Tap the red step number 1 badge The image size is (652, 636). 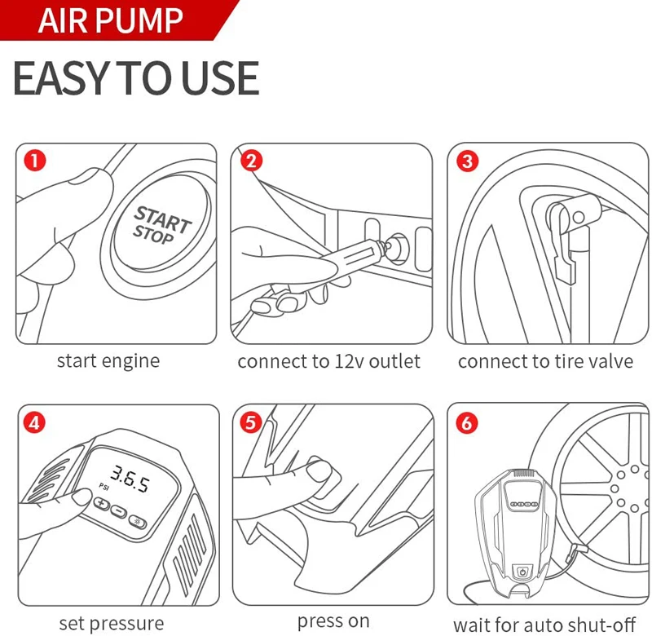point(34,161)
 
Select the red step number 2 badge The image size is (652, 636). point(251,161)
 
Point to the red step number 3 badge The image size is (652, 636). point(467,161)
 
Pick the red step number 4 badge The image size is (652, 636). point(34,422)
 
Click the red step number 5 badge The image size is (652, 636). point(251,422)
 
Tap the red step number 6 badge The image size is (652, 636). point(466,423)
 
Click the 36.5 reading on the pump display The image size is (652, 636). point(130,479)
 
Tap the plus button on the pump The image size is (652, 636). point(101,504)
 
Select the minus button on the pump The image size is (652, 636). point(118,511)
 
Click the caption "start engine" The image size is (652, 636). point(108,361)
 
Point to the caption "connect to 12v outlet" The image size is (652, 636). point(329,361)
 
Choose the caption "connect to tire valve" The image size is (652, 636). point(545,361)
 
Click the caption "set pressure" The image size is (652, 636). point(112,624)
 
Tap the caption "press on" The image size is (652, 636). point(333,621)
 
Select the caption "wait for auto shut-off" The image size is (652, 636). point(544,625)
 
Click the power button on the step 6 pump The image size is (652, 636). point(522,572)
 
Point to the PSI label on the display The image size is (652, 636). point(104,487)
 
